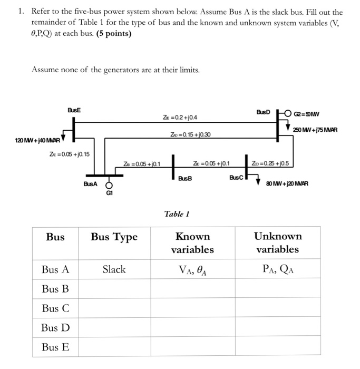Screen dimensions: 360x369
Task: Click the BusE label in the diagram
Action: pyautogui.click(x=74, y=109)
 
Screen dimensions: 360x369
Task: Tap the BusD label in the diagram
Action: pyautogui.click(x=263, y=112)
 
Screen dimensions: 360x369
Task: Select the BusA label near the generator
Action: pyautogui.click(x=90, y=183)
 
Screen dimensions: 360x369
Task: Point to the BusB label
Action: pyautogui.click(x=184, y=178)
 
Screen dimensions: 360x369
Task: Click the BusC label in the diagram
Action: pyautogui.click(x=236, y=178)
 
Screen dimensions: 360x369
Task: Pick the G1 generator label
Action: pyautogui.click(x=110, y=193)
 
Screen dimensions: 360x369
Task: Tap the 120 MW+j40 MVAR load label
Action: pyautogui.click(x=37, y=141)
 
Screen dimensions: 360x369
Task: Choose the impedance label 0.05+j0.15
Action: pyautogui.click(x=69, y=154)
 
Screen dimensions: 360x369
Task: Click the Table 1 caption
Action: pyautogui.click(x=177, y=214)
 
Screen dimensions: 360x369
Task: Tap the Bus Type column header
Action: pyautogui.click(x=114, y=237)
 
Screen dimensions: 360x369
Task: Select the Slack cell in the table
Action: pyautogui.click(x=114, y=269)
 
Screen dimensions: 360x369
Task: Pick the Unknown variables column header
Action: pyautogui.click(x=278, y=242)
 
